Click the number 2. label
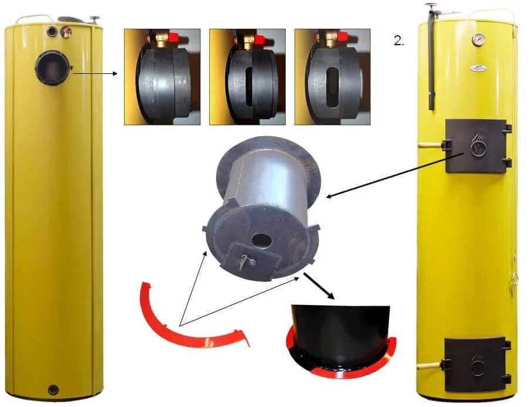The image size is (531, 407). click(x=399, y=41)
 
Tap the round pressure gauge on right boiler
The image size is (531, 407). click(x=478, y=39)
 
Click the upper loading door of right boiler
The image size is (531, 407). click(x=476, y=146)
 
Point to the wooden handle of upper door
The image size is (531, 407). click(x=429, y=145)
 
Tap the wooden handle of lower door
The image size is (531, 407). click(x=429, y=366)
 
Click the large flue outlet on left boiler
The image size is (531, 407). click(x=52, y=67)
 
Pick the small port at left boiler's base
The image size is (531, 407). click(x=53, y=390)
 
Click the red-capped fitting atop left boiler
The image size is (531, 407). click(x=66, y=32)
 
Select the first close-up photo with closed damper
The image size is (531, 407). click(x=162, y=77)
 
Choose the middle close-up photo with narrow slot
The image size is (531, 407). click(x=247, y=77)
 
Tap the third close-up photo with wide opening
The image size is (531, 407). click(x=333, y=77)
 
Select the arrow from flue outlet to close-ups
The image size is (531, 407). click(x=95, y=73)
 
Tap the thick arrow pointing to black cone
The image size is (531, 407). click(x=319, y=286)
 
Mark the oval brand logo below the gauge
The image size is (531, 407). click(x=478, y=68)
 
